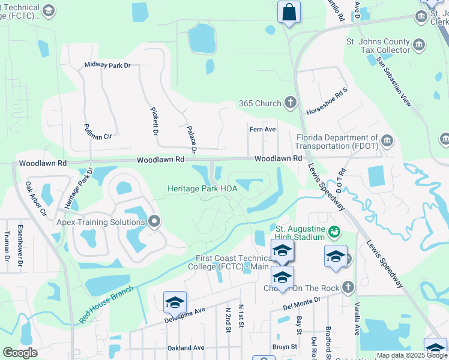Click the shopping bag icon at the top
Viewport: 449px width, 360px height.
(289, 12)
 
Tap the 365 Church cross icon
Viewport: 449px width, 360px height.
(291, 103)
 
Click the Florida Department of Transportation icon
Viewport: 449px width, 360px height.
(387, 141)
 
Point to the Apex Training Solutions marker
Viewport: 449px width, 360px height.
(154, 221)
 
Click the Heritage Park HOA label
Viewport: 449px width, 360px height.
(202, 188)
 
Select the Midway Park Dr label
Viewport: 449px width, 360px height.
(107, 65)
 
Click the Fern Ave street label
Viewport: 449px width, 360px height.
(262, 129)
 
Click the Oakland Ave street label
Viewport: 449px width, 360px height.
(186, 347)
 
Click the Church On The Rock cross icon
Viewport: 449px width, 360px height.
(346, 287)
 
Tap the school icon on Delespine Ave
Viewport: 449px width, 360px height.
(175, 302)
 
